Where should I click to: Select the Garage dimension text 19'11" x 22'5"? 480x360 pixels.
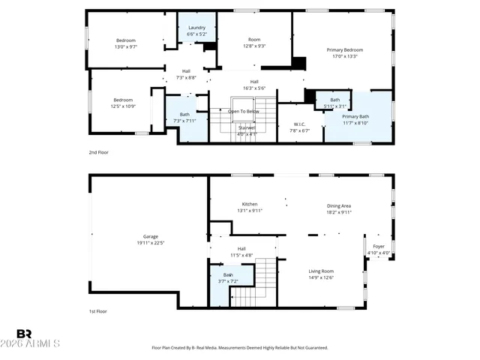click(x=150, y=242)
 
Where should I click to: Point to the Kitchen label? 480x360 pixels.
click(x=250, y=204)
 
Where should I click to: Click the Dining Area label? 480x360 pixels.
click(x=339, y=205)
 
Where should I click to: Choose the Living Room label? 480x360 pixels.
click(x=321, y=271)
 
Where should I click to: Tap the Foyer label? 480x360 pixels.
click(x=379, y=247)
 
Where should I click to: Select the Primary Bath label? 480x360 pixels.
click(x=355, y=117)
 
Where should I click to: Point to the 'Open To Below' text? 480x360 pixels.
click(x=244, y=111)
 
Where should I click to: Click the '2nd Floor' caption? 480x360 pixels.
click(x=97, y=151)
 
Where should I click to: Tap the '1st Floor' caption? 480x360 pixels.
click(x=97, y=311)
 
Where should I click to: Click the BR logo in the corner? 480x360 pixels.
click(x=24, y=334)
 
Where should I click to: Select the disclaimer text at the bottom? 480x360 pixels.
click(x=240, y=348)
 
